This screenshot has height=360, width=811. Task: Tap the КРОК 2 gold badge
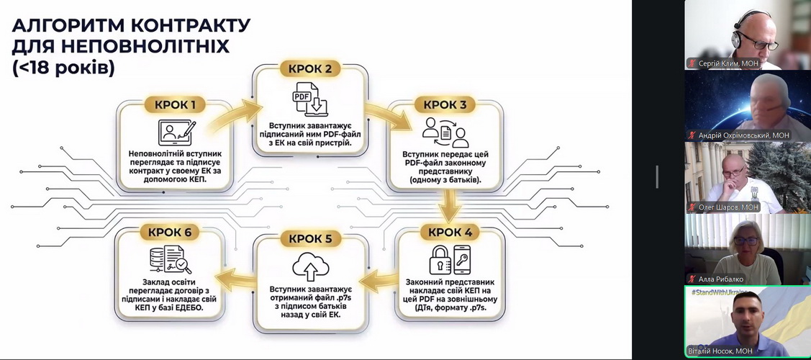tap(311, 69)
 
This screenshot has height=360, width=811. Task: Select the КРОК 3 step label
tap(445, 105)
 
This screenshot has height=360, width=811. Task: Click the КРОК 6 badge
tap(170, 233)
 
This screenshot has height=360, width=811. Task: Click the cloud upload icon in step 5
tap(311, 266)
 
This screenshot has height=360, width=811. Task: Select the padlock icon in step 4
tap(440, 260)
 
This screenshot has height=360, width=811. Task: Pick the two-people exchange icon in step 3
tap(445, 132)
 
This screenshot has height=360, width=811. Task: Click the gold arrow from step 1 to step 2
tap(235, 117)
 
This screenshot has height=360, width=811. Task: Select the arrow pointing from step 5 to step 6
tap(236, 280)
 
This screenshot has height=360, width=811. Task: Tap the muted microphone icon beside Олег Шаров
tap(692, 207)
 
